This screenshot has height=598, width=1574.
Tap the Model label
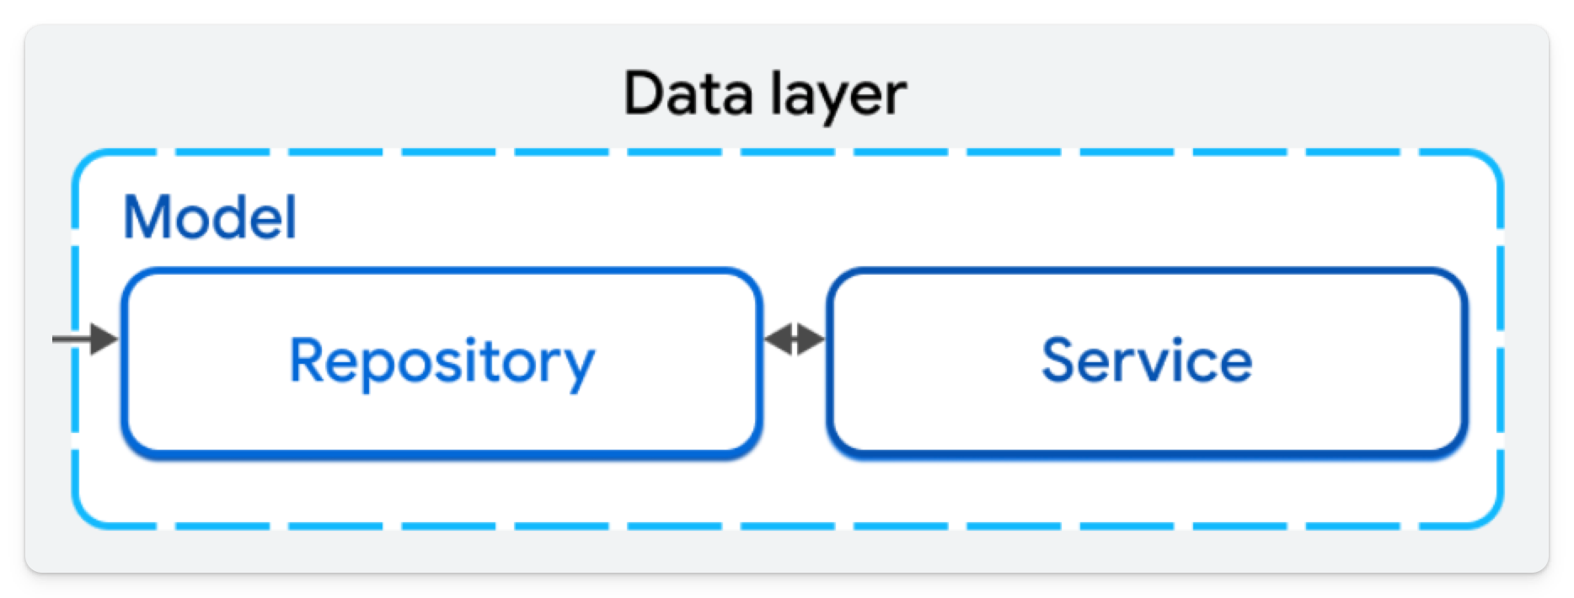210,217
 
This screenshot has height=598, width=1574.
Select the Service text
1146,360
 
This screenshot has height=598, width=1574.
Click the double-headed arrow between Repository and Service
794,339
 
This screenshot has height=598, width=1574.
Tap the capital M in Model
150,217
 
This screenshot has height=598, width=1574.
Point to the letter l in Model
290,216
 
